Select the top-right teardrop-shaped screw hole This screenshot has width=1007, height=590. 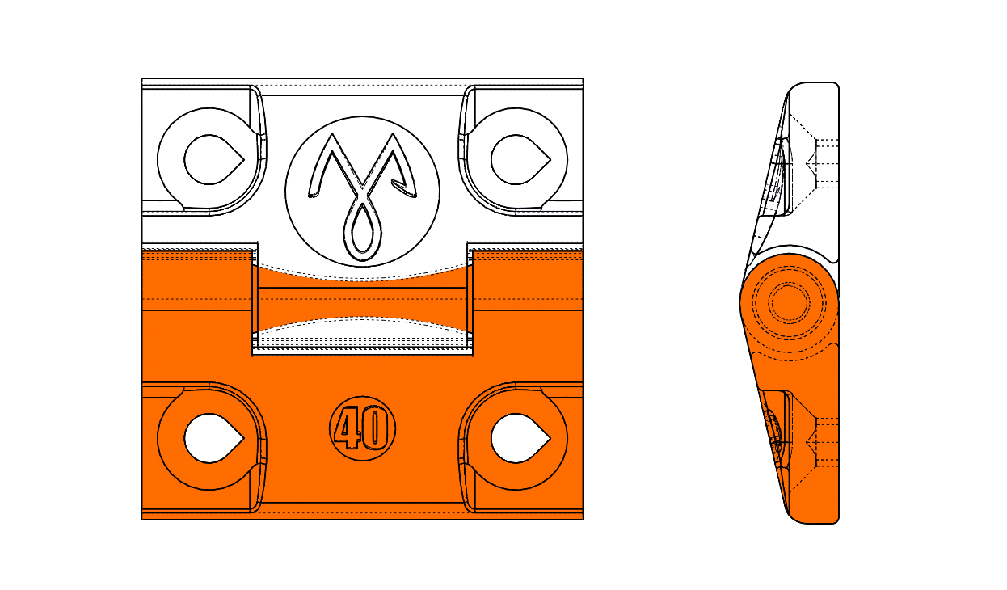(519, 160)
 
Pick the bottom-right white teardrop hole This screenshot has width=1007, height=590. (519, 438)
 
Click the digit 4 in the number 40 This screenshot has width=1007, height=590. (349, 428)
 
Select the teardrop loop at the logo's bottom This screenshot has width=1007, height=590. (362, 232)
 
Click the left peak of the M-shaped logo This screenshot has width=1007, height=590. (332, 134)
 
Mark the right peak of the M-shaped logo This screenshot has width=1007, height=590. (394, 134)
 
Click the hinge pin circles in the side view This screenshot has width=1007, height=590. (789, 302)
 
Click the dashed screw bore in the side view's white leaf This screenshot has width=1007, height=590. (826, 164)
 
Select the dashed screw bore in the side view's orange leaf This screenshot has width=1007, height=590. (826, 443)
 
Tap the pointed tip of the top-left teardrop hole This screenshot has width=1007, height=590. (244, 160)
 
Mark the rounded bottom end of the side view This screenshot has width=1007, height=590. (814, 520)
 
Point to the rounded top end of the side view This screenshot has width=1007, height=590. (814, 86)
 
